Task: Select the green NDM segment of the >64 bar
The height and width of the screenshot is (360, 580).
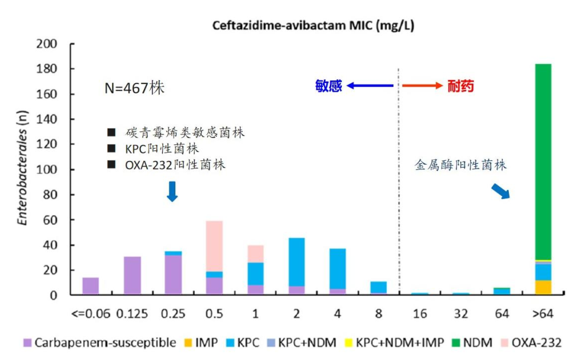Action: pos(543,160)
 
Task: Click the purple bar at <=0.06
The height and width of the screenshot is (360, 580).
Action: pos(91,286)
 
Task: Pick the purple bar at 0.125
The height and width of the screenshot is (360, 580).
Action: pos(132,275)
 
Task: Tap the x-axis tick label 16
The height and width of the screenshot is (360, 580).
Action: pos(419,313)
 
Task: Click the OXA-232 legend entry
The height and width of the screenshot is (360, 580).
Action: pos(530,342)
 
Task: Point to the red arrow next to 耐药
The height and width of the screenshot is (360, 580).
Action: pos(422,86)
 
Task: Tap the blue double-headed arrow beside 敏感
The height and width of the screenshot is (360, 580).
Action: pos(370,86)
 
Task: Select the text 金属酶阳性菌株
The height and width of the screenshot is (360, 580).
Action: pos(460,165)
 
